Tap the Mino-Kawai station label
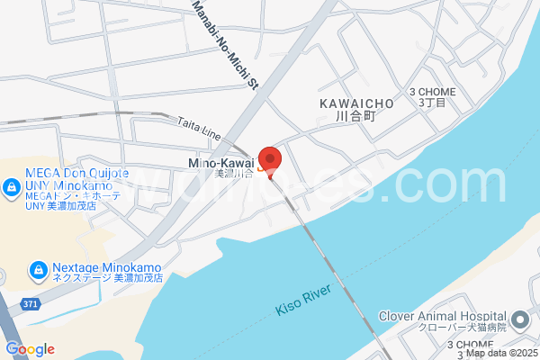coord(220,163)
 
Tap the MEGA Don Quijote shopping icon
coord(12,188)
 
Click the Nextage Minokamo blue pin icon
coord(39,269)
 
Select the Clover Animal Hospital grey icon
coord(520,320)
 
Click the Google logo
coord(30,349)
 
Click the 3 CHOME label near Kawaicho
coord(433,92)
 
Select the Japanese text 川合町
coord(354,117)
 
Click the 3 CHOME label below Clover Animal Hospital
coord(472,345)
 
